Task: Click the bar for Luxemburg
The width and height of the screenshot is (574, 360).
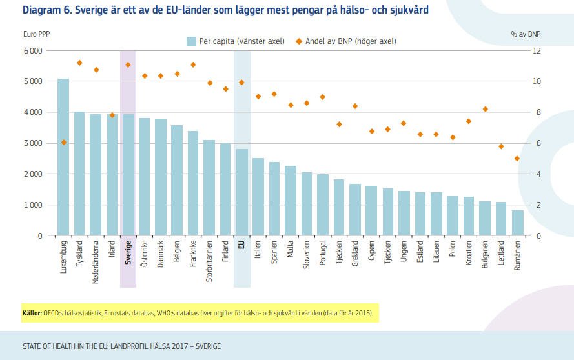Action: pos(63,157)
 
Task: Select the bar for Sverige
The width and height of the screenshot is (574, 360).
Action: pos(128,175)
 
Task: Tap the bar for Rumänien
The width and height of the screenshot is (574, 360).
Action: pos(517,223)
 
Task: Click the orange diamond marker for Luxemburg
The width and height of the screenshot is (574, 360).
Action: pos(63,142)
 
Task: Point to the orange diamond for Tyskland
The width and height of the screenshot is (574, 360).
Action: pos(79,63)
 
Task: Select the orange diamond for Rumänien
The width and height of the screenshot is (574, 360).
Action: pos(517,158)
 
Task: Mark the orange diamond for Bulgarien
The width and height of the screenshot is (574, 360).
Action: pos(485,109)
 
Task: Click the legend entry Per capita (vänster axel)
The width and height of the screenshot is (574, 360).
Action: pos(235,41)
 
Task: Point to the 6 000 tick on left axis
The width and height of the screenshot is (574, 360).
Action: pos(32,50)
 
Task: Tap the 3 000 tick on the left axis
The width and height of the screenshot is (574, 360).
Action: pos(32,143)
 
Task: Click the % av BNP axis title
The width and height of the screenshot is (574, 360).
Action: pos(525,33)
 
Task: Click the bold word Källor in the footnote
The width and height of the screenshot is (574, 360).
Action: pos(32,314)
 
